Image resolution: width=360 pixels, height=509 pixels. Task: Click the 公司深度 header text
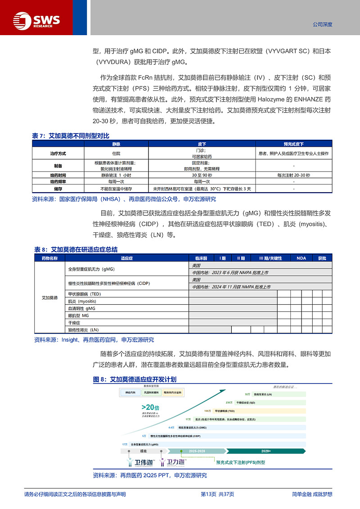click(322, 25)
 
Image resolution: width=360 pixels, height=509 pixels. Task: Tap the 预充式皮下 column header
click(293, 144)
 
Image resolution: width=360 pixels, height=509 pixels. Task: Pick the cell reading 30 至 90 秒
click(202, 175)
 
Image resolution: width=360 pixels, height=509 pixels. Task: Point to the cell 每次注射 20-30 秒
click(293, 175)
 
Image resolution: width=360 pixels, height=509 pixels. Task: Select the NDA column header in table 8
click(301, 258)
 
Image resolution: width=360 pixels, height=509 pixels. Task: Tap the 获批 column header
click(322, 258)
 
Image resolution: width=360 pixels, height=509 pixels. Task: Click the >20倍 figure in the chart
click(148, 408)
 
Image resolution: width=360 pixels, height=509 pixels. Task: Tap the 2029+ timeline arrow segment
click(265, 450)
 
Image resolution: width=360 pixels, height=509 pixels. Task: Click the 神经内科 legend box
click(129, 393)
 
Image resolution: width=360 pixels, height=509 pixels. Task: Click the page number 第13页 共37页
click(217, 494)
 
